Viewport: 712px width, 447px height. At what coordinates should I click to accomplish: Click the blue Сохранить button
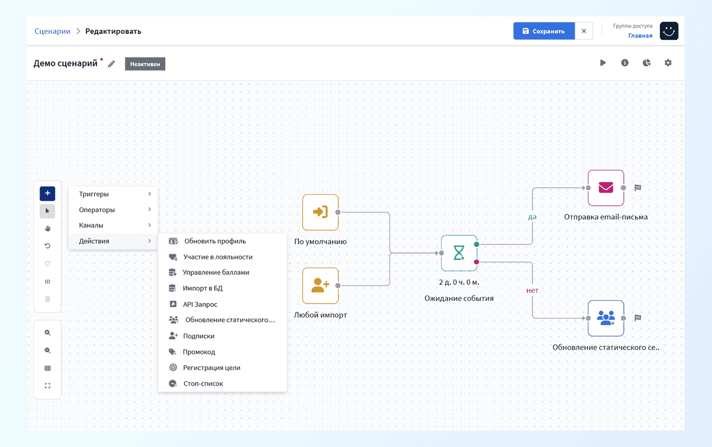click(544, 31)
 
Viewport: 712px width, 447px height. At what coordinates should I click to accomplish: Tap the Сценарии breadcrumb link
click(53, 31)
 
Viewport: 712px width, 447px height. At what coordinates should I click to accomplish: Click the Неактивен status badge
click(145, 64)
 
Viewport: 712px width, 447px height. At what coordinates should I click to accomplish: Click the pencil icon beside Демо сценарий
click(111, 64)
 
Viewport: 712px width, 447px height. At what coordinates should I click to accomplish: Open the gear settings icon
click(668, 63)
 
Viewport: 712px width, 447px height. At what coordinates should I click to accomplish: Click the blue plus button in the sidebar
click(47, 193)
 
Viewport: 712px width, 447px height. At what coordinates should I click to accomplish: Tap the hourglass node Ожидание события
click(459, 253)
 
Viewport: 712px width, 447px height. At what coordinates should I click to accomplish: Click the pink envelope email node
click(606, 188)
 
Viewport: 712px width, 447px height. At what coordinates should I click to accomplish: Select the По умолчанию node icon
click(320, 212)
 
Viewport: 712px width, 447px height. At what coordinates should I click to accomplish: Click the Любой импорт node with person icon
click(320, 286)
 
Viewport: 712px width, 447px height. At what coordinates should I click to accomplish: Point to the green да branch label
click(532, 217)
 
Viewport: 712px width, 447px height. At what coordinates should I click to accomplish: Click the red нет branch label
click(532, 290)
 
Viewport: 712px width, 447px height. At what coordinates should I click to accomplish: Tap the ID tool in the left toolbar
click(47, 282)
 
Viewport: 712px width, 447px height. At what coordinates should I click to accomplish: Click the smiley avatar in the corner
click(669, 31)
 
